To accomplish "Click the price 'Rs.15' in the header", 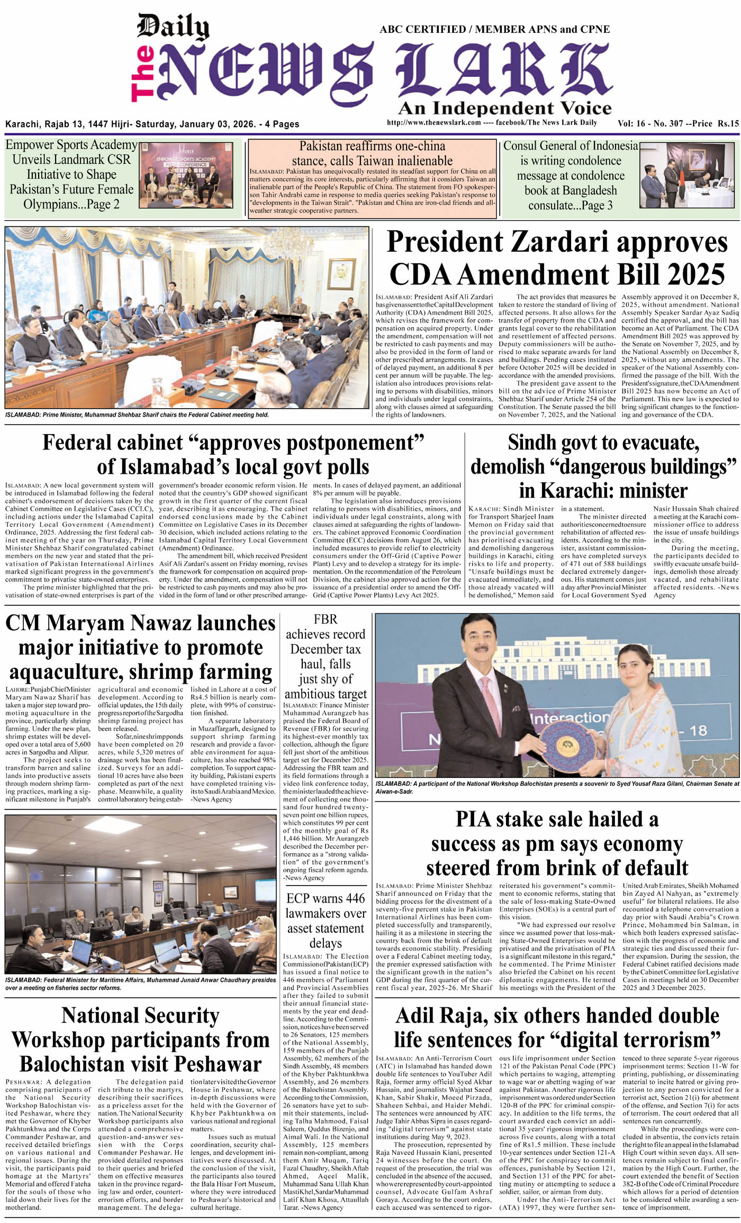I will (728, 124).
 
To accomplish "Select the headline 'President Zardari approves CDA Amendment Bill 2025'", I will (556, 259).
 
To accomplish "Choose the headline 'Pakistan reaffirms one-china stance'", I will (372, 153).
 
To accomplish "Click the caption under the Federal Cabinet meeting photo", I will (137, 415).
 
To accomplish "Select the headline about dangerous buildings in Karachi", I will (603, 466).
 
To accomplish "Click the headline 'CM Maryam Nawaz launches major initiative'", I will (140, 647).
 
